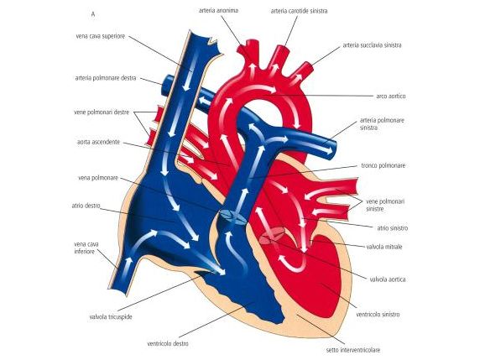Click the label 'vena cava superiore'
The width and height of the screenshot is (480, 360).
tap(101, 36)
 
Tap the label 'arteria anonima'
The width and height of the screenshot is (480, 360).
tap(218, 10)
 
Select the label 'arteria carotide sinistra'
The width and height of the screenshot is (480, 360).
tap(299, 11)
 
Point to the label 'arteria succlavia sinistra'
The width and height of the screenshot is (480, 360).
tap(372, 45)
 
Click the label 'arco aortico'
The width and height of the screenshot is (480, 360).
tap(391, 97)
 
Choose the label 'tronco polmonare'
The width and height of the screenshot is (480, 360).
tap(383, 165)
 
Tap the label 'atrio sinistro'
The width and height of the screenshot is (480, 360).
tap(393, 228)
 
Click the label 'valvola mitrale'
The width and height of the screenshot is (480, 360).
tap(384, 247)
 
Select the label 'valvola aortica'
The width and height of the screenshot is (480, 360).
tap(388, 279)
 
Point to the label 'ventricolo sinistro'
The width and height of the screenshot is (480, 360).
tap(378, 315)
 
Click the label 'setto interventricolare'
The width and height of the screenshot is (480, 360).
tap(353, 350)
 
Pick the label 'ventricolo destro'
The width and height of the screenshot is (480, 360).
tap(168, 343)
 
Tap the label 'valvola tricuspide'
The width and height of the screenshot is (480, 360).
tap(111, 317)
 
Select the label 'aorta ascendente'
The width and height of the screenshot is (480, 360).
tap(98, 142)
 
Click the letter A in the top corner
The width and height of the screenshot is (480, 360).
tap(93, 14)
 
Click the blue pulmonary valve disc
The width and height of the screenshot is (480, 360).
tap(232, 217)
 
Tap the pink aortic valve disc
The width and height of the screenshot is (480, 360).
tap(272, 234)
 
